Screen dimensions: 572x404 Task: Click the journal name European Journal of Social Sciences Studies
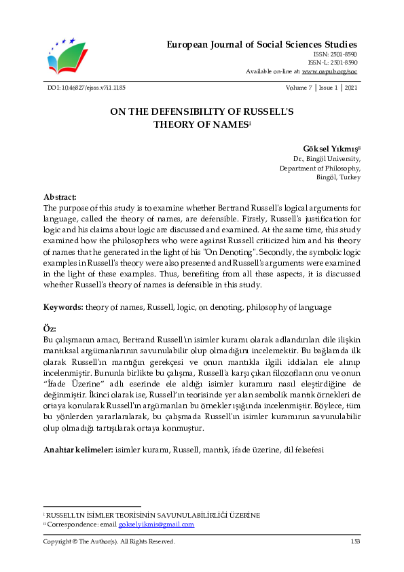pos(261,44)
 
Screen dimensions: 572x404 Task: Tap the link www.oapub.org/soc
pos(329,71)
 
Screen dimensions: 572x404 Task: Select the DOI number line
pos(86,88)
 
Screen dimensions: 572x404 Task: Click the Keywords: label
pos(63,307)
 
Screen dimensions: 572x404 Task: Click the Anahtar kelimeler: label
pos(78,449)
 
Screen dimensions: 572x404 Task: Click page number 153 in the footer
pos(354,541)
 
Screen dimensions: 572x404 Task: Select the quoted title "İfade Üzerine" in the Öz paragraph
pos(71,383)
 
